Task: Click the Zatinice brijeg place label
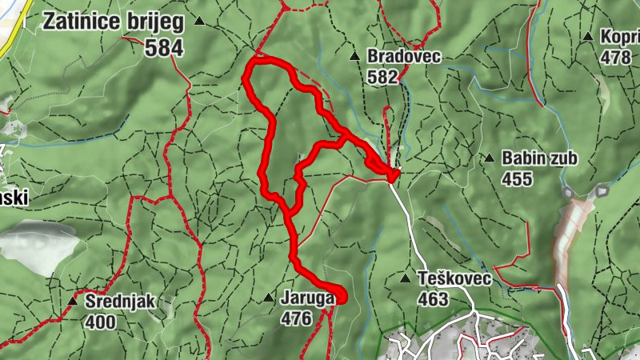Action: pyautogui.click(x=113, y=21)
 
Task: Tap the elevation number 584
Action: pyautogui.click(x=165, y=48)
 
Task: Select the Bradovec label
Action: pyautogui.click(x=404, y=57)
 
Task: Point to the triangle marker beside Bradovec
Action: pyautogui.click(x=354, y=57)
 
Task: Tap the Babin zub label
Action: pyautogui.click(x=539, y=158)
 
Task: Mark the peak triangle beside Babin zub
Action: pyautogui.click(x=489, y=158)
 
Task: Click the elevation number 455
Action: pyautogui.click(x=517, y=178)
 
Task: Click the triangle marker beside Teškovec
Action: pyautogui.click(x=406, y=279)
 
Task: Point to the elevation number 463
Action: pyautogui.click(x=432, y=299)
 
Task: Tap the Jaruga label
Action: pyautogui.click(x=307, y=298)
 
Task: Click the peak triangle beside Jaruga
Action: pyautogui.click(x=269, y=298)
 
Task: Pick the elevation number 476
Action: pyautogui.click(x=296, y=318)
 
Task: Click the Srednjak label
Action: pyautogui.click(x=122, y=302)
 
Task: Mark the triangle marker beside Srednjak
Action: pyautogui.click(x=74, y=302)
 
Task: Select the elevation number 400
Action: pyautogui.click(x=102, y=322)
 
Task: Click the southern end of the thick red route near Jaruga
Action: pyautogui.click(x=342, y=298)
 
